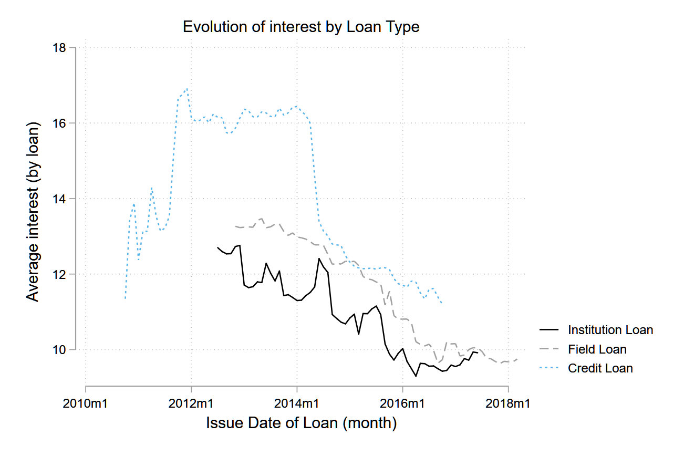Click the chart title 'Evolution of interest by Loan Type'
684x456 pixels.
(x=301, y=27)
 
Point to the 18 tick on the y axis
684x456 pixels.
(x=63, y=48)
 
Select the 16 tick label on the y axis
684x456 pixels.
(x=63, y=123)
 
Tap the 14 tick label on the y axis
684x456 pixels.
(x=63, y=199)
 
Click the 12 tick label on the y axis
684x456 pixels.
(x=63, y=274)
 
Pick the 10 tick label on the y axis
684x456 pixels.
(x=63, y=350)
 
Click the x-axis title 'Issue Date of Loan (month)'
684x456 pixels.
(x=301, y=423)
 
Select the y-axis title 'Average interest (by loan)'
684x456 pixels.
(x=34, y=213)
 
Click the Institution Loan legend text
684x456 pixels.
(x=610, y=330)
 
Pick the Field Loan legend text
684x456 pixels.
(x=597, y=349)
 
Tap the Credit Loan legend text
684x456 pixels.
(x=600, y=368)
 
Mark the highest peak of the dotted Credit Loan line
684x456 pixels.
(x=187, y=89)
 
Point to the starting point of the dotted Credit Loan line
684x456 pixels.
(x=125, y=299)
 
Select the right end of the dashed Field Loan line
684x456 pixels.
(x=517, y=359)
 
